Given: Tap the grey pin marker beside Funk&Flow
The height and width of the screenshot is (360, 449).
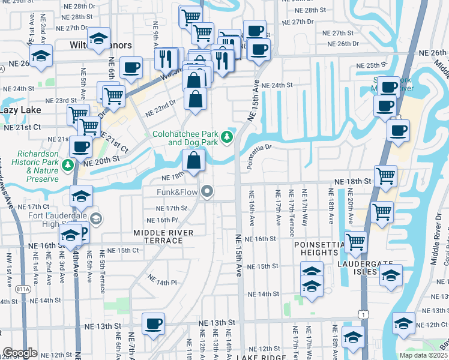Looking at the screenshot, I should [x=208, y=192].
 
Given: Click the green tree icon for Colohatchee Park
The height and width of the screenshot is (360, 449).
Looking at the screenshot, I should [x=227, y=138].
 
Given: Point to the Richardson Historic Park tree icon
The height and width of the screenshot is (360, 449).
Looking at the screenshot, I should [x=68, y=164].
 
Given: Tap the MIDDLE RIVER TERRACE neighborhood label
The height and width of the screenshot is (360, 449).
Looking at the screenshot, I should [x=163, y=236].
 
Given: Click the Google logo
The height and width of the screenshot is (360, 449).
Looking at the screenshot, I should [x=19, y=353].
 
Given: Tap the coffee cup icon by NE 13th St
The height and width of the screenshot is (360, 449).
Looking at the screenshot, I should [x=153, y=325].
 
